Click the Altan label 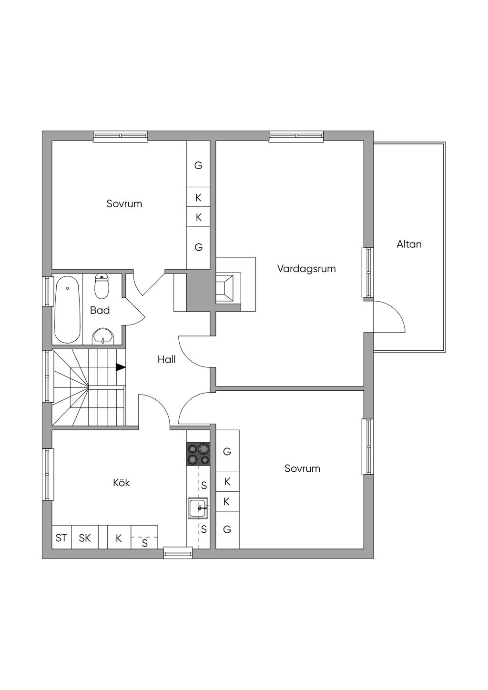coord(409,244)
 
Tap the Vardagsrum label coord(306,269)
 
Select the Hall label coord(167,359)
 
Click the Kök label coord(122,483)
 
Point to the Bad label coord(100,310)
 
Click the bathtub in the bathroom coord(67,310)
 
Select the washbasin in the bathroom coord(103,336)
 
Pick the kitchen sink coord(198,508)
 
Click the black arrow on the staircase coord(121,367)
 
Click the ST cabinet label coord(61,538)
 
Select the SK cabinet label coord(85,538)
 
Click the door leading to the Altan coord(389,317)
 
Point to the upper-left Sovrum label coord(124,204)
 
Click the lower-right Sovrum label coord(302,468)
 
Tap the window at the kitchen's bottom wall coord(178,552)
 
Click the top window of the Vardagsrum coord(296,136)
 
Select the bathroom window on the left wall coord(47,291)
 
